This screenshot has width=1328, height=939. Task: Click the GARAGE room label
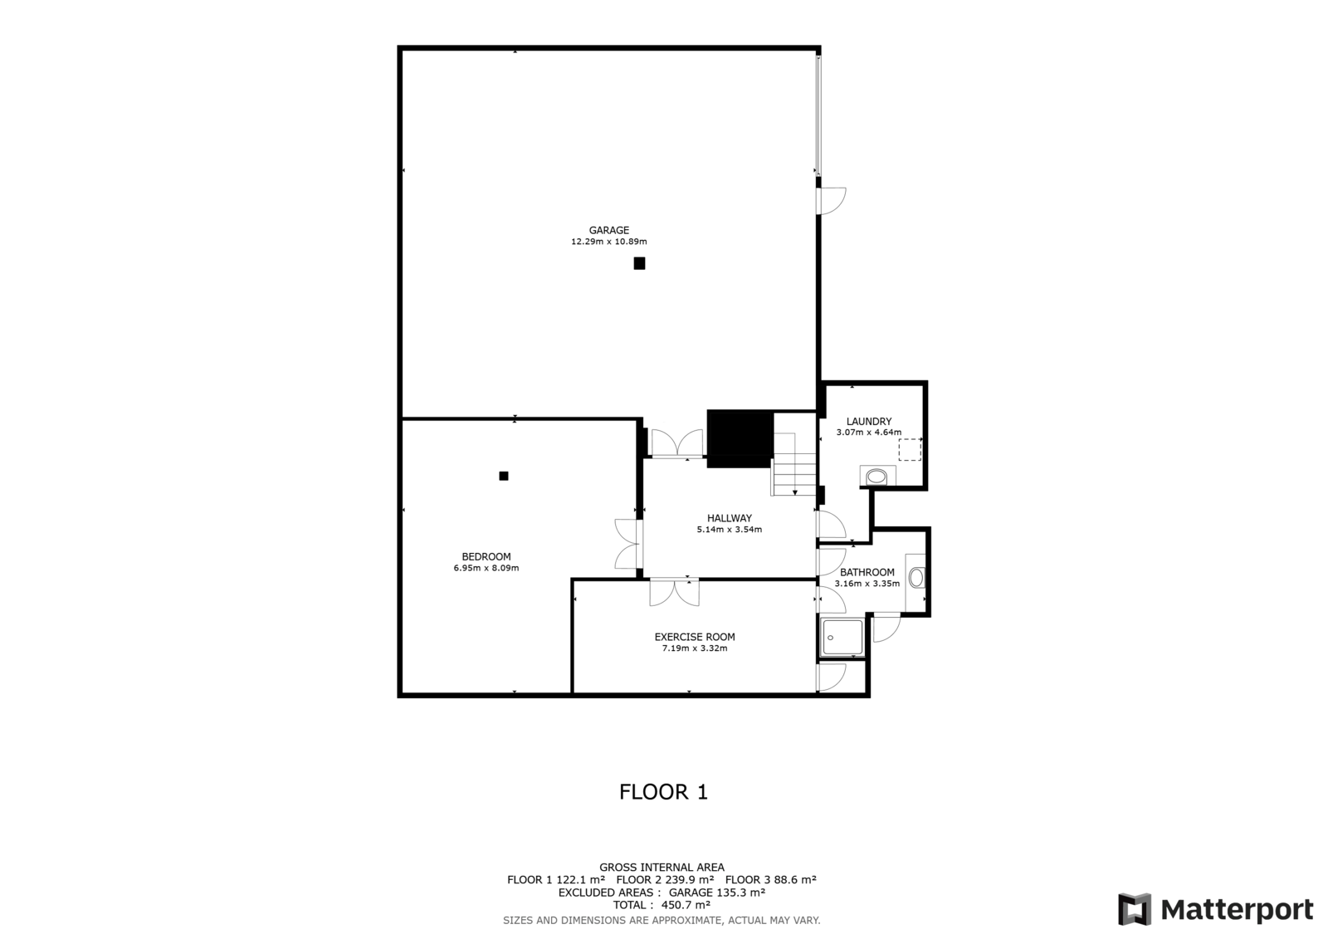coord(609,230)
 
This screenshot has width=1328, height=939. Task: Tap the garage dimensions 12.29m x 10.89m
coord(609,242)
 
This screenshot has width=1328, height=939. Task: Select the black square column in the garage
coord(639,263)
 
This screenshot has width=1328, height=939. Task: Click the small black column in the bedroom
coord(503,476)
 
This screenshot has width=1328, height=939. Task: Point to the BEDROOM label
coord(486,556)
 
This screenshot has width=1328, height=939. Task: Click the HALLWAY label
coord(730,518)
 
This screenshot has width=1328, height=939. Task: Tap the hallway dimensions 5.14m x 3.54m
coord(730,530)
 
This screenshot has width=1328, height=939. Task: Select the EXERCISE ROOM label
coord(695,637)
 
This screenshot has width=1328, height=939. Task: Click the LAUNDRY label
coord(868,421)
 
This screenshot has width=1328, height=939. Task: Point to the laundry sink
coord(877,477)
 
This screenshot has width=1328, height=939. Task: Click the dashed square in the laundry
coord(910,450)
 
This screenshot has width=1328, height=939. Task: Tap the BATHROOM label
coord(867,572)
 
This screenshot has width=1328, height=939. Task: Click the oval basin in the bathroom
coord(916,578)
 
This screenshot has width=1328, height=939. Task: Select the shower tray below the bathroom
coord(842,637)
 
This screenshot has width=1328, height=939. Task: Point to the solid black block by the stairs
coord(740,439)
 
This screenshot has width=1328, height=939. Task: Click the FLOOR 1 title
coord(663,792)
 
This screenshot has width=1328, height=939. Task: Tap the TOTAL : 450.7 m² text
coord(662,905)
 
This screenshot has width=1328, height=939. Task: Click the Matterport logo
coord(1215,909)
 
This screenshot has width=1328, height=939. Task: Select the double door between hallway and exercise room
coord(674,592)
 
